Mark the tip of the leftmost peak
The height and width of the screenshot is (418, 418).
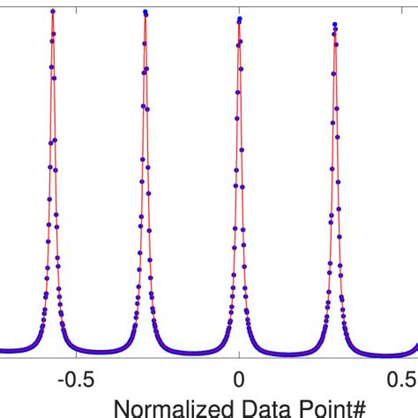[53, 11]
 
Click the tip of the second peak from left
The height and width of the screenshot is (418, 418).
[145, 11]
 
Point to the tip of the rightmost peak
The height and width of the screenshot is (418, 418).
[334, 21]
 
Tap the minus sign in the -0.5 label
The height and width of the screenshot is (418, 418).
[60, 378]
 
